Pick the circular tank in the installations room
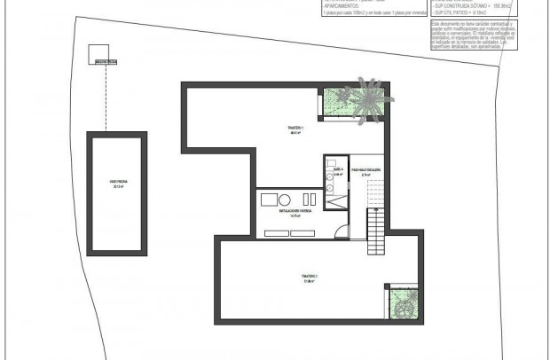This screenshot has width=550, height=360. (x=287, y=200)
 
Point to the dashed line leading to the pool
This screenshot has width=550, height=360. (x=106, y=98)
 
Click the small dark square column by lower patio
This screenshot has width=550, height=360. (x=388, y=286)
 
